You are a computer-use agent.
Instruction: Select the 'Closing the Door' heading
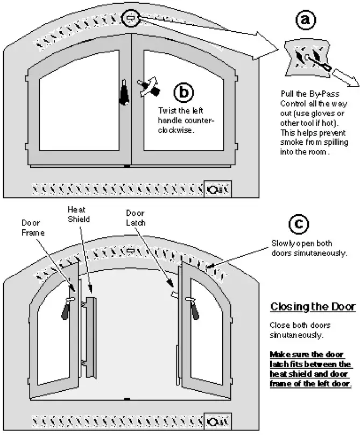coord(312,307)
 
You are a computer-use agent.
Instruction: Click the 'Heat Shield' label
coord(78,215)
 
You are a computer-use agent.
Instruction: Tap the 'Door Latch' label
coord(135,217)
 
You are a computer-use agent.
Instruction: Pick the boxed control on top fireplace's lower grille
coord(218,188)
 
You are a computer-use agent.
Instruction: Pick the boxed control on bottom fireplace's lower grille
coord(218,420)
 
